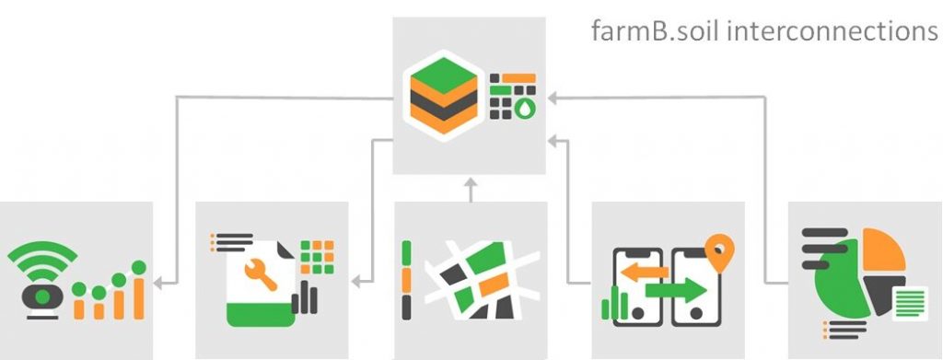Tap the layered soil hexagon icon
(443, 95)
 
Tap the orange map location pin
(717, 250)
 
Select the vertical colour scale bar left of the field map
(406, 280)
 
